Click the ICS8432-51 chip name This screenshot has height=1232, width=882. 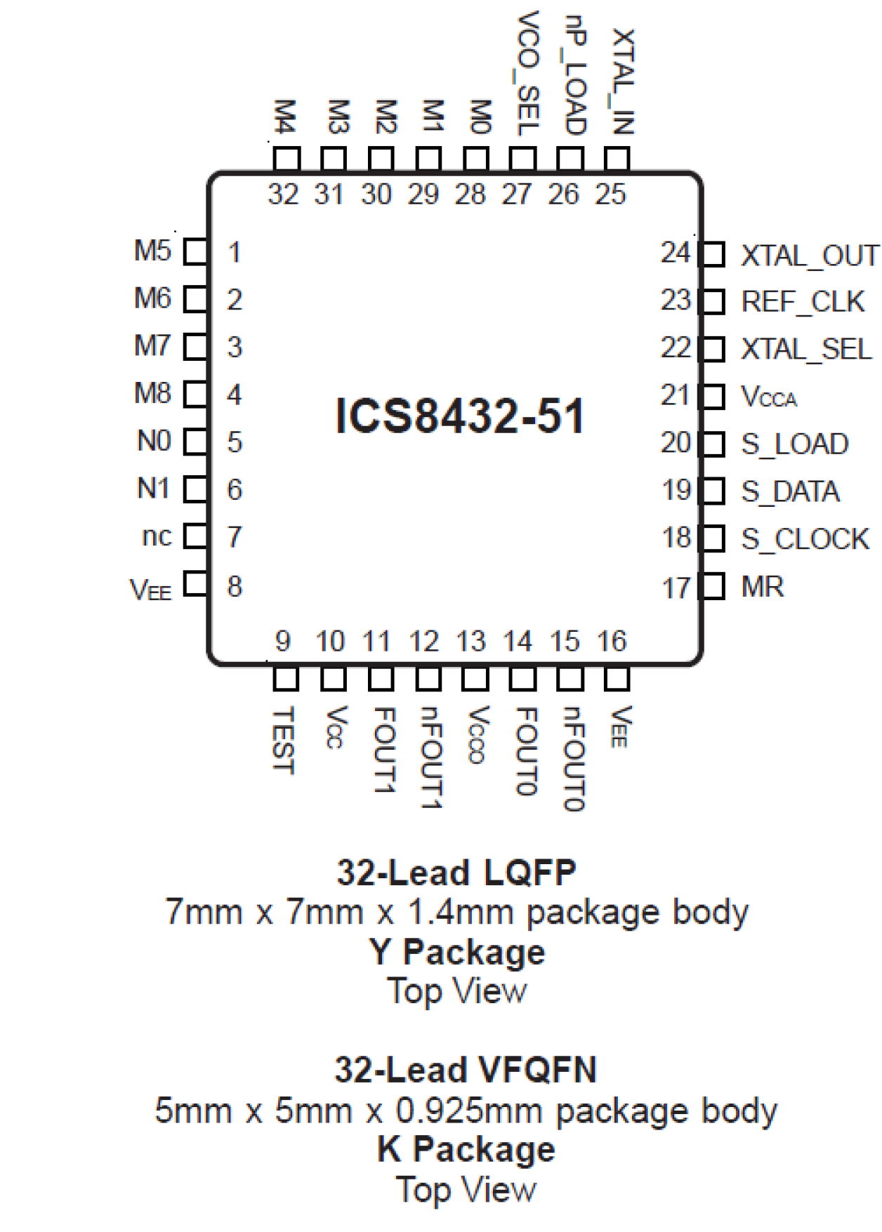click(x=460, y=416)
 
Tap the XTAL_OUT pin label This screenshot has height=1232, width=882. click(x=809, y=256)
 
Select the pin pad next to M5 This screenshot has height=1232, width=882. click(x=196, y=251)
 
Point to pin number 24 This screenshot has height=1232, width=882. click(x=676, y=253)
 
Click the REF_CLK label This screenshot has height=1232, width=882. click(x=803, y=302)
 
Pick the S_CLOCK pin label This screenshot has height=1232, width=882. click(x=805, y=539)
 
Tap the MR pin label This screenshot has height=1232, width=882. click(x=762, y=587)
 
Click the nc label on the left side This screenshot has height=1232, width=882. click(x=157, y=536)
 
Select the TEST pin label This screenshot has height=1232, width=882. click(x=284, y=740)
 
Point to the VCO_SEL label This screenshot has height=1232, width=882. click(x=527, y=73)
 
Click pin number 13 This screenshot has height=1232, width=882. click(x=470, y=641)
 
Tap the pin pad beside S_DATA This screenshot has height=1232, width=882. click(x=712, y=491)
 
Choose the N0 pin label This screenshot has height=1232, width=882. click(x=154, y=442)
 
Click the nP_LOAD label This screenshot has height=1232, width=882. click(x=574, y=75)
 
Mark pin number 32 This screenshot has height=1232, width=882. click(x=283, y=194)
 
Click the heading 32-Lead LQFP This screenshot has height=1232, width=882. click(x=456, y=873)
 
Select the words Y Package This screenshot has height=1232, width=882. click(x=457, y=953)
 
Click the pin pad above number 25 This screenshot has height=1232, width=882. click(x=617, y=159)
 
